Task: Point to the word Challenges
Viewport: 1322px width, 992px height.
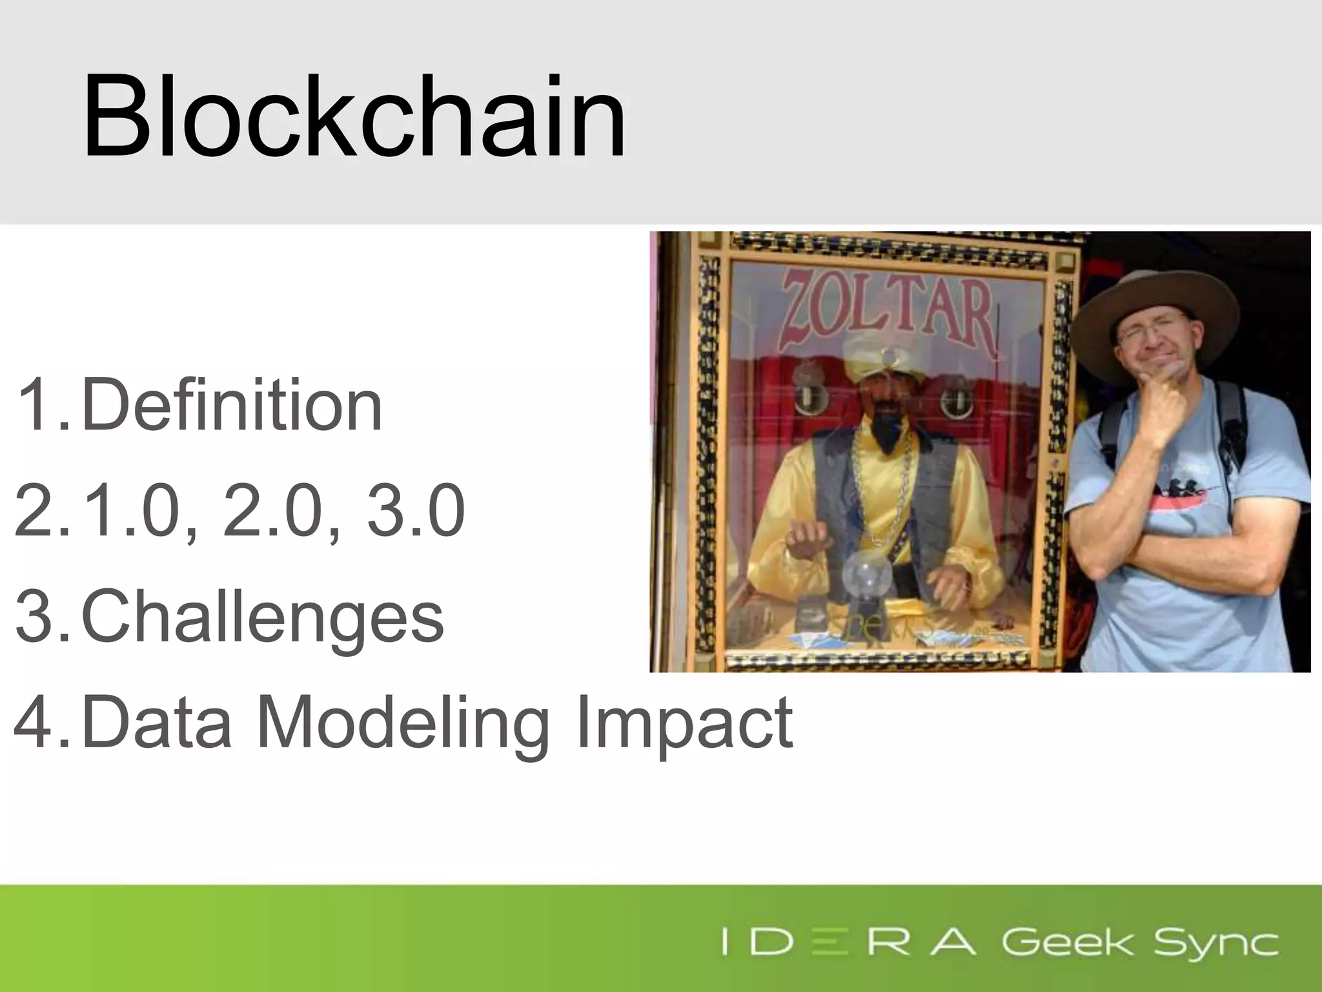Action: point(262,617)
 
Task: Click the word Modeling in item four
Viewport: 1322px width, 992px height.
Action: point(403,723)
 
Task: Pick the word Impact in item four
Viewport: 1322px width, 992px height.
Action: point(684,723)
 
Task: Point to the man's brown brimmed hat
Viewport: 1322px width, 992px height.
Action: point(1155,304)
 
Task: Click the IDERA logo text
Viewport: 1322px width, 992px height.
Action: point(848,943)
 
